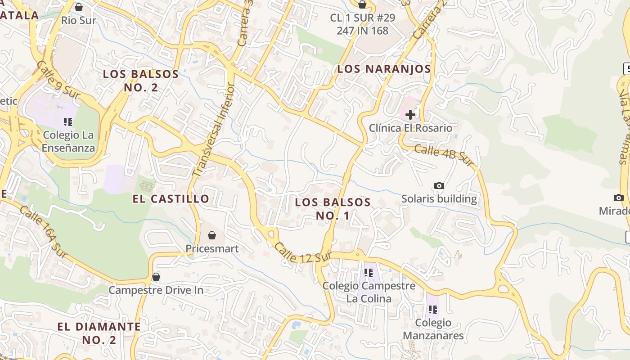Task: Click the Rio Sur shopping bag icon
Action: pos(79,7)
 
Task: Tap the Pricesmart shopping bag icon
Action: pos(212,235)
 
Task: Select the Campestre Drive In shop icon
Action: pos(156,276)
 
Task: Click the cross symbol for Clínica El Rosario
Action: pos(410,115)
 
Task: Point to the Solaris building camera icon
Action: pos(439,185)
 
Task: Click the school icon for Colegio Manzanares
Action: pos(433,309)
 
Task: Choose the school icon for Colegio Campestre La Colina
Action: pos(369,272)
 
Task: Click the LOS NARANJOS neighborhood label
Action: pos(384,69)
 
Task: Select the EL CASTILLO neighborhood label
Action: pos(171,198)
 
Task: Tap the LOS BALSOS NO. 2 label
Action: pos(141,81)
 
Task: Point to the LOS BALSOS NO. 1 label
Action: pos(333,209)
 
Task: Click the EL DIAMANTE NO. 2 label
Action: pos(99,333)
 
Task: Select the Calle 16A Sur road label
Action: pos(43,233)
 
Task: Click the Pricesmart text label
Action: pos(212,248)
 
